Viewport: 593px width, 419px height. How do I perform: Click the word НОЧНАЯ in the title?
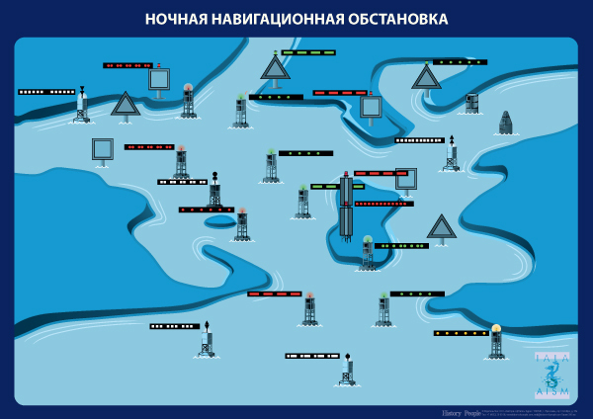click(178, 19)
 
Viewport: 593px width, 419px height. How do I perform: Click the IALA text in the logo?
click(551, 358)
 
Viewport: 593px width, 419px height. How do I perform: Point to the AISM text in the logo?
click(551, 391)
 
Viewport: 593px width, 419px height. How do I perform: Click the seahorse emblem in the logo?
click(552, 375)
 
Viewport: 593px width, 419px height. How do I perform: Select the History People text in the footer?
click(459, 410)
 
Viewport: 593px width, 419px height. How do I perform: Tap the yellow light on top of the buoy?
click(496, 329)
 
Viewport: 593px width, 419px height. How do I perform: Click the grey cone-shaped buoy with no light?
click(505, 123)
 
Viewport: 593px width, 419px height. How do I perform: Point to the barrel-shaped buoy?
click(471, 103)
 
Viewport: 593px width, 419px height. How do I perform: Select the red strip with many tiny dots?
click(383, 204)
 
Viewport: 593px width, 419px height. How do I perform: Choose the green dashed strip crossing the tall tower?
click(324, 186)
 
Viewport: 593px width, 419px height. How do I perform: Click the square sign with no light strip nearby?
click(102, 149)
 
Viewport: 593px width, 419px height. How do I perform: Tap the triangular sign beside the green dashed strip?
click(275, 68)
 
